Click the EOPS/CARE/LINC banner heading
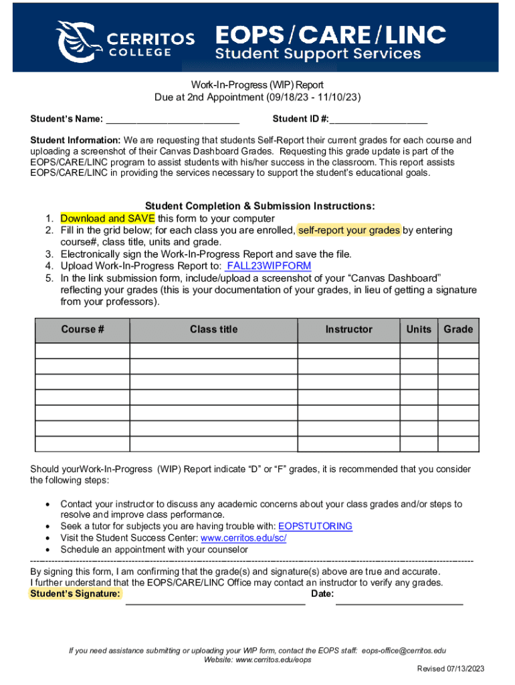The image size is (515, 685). pyautogui.click(x=330, y=34)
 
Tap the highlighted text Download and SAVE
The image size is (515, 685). pyautogui.click(x=108, y=219)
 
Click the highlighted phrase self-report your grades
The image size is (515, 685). pyautogui.click(x=349, y=231)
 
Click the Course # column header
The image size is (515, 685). pyautogui.click(x=82, y=330)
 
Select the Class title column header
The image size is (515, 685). pyautogui.click(x=213, y=330)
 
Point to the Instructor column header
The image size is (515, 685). pyautogui.click(x=348, y=330)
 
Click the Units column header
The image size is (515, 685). pyautogui.click(x=419, y=330)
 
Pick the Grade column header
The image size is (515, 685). pyautogui.click(x=458, y=330)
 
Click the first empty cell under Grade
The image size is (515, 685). pyautogui.click(x=458, y=351)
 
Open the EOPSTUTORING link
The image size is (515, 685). pyautogui.click(x=315, y=526)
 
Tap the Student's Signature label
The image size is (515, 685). pyautogui.click(x=76, y=594)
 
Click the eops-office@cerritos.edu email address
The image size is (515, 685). pyautogui.click(x=404, y=650)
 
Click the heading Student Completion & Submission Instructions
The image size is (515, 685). pyautogui.click(x=260, y=207)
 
